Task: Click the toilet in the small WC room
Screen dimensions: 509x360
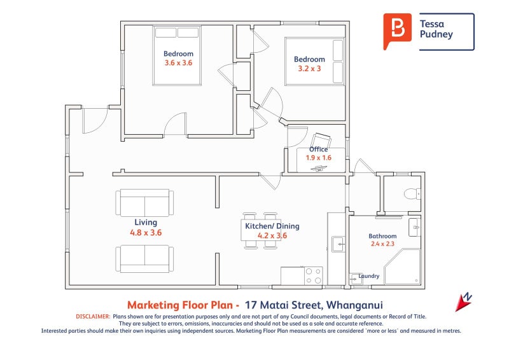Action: pyautogui.click(x=412, y=194)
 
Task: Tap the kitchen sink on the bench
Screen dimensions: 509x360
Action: pyautogui.click(x=338, y=244)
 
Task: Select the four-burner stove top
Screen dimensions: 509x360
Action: pyautogui.click(x=313, y=275)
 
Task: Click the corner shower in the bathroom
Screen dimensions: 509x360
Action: pyautogui.click(x=402, y=267)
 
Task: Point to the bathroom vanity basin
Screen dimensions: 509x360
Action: pyautogui.click(x=415, y=227)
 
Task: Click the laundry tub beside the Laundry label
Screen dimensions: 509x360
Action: pyautogui.click(x=355, y=279)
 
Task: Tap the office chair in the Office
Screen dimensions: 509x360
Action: pyautogui.click(x=321, y=141)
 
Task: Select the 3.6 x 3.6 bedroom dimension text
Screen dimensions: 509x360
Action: pyautogui.click(x=178, y=63)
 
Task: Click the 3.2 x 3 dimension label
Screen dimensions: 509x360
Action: pyautogui.click(x=309, y=69)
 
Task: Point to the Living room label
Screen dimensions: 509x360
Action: pyautogui.click(x=146, y=223)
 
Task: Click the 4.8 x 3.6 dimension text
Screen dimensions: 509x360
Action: pyautogui.click(x=146, y=232)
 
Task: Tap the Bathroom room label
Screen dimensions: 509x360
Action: pyautogui.click(x=382, y=236)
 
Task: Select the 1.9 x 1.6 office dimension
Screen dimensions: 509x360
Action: pyautogui.click(x=319, y=158)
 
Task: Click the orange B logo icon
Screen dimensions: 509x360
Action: pyautogui.click(x=397, y=31)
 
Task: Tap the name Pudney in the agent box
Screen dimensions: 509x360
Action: pyautogui.click(x=436, y=34)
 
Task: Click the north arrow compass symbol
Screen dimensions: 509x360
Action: pyautogui.click(x=464, y=302)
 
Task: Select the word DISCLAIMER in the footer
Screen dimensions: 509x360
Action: pyautogui.click(x=93, y=317)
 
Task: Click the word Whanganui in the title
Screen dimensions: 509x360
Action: pyautogui.click(x=354, y=305)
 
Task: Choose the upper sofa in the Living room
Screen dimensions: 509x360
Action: pyautogui.click(x=144, y=203)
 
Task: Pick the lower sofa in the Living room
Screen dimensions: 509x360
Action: pyautogui.click(x=144, y=259)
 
